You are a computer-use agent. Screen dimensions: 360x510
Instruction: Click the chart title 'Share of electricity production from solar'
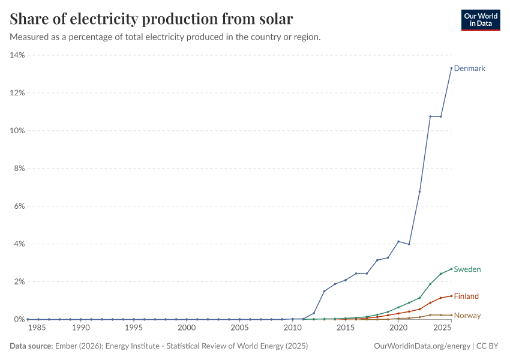[x=152, y=19]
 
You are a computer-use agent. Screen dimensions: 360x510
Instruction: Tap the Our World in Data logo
[x=480, y=20]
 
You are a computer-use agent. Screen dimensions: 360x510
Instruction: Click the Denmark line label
[x=469, y=68]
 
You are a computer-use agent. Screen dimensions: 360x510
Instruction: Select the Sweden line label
[x=467, y=269]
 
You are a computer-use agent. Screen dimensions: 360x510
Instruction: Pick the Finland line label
[x=466, y=296]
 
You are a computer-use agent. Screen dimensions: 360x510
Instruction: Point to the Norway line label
[x=467, y=316]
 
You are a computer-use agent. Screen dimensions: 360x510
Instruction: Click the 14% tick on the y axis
[x=17, y=55]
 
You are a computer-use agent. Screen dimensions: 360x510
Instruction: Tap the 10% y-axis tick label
[x=17, y=131]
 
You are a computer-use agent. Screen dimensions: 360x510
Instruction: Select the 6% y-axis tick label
[x=19, y=206]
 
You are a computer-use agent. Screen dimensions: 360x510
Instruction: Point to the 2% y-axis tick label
[x=19, y=282]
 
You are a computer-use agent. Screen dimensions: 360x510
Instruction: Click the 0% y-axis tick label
[x=19, y=320]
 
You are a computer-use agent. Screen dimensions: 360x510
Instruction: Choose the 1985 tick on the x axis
[x=38, y=328]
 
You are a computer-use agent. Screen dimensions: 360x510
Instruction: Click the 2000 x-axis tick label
[x=187, y=328]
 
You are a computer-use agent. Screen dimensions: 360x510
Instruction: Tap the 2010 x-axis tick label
[x=292, y=328]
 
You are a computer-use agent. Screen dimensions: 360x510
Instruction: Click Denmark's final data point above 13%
[x=451, y=68]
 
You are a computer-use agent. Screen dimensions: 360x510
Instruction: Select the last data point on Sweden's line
[x=451, y=269]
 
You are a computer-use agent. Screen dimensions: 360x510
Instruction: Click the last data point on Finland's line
[x=451, y=296]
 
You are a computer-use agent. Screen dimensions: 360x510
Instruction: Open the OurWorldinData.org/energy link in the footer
[x=422, y=346]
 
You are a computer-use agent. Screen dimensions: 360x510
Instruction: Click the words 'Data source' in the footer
[x=31, y=346]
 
